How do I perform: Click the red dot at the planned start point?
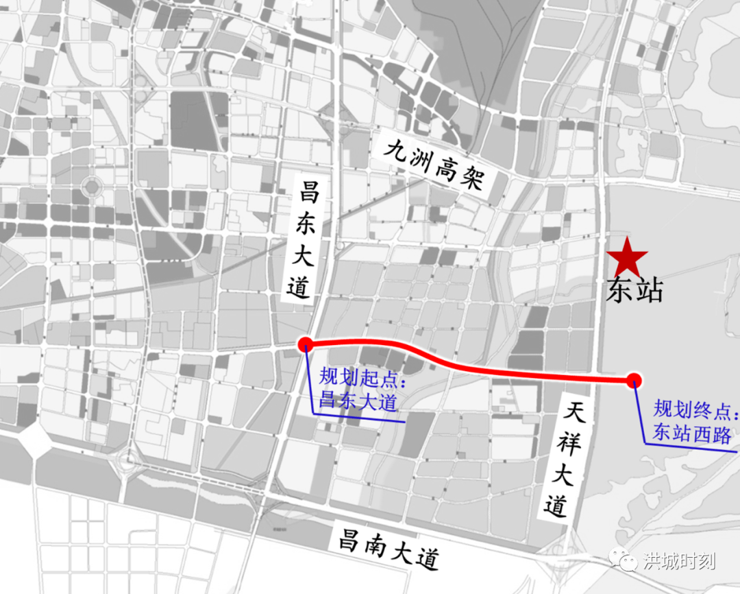[x=306, y=344]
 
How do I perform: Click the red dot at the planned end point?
[x=634, y=379]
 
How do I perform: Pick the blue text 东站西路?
[x=691, y=433]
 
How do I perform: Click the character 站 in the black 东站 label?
[x=649, y=290]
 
